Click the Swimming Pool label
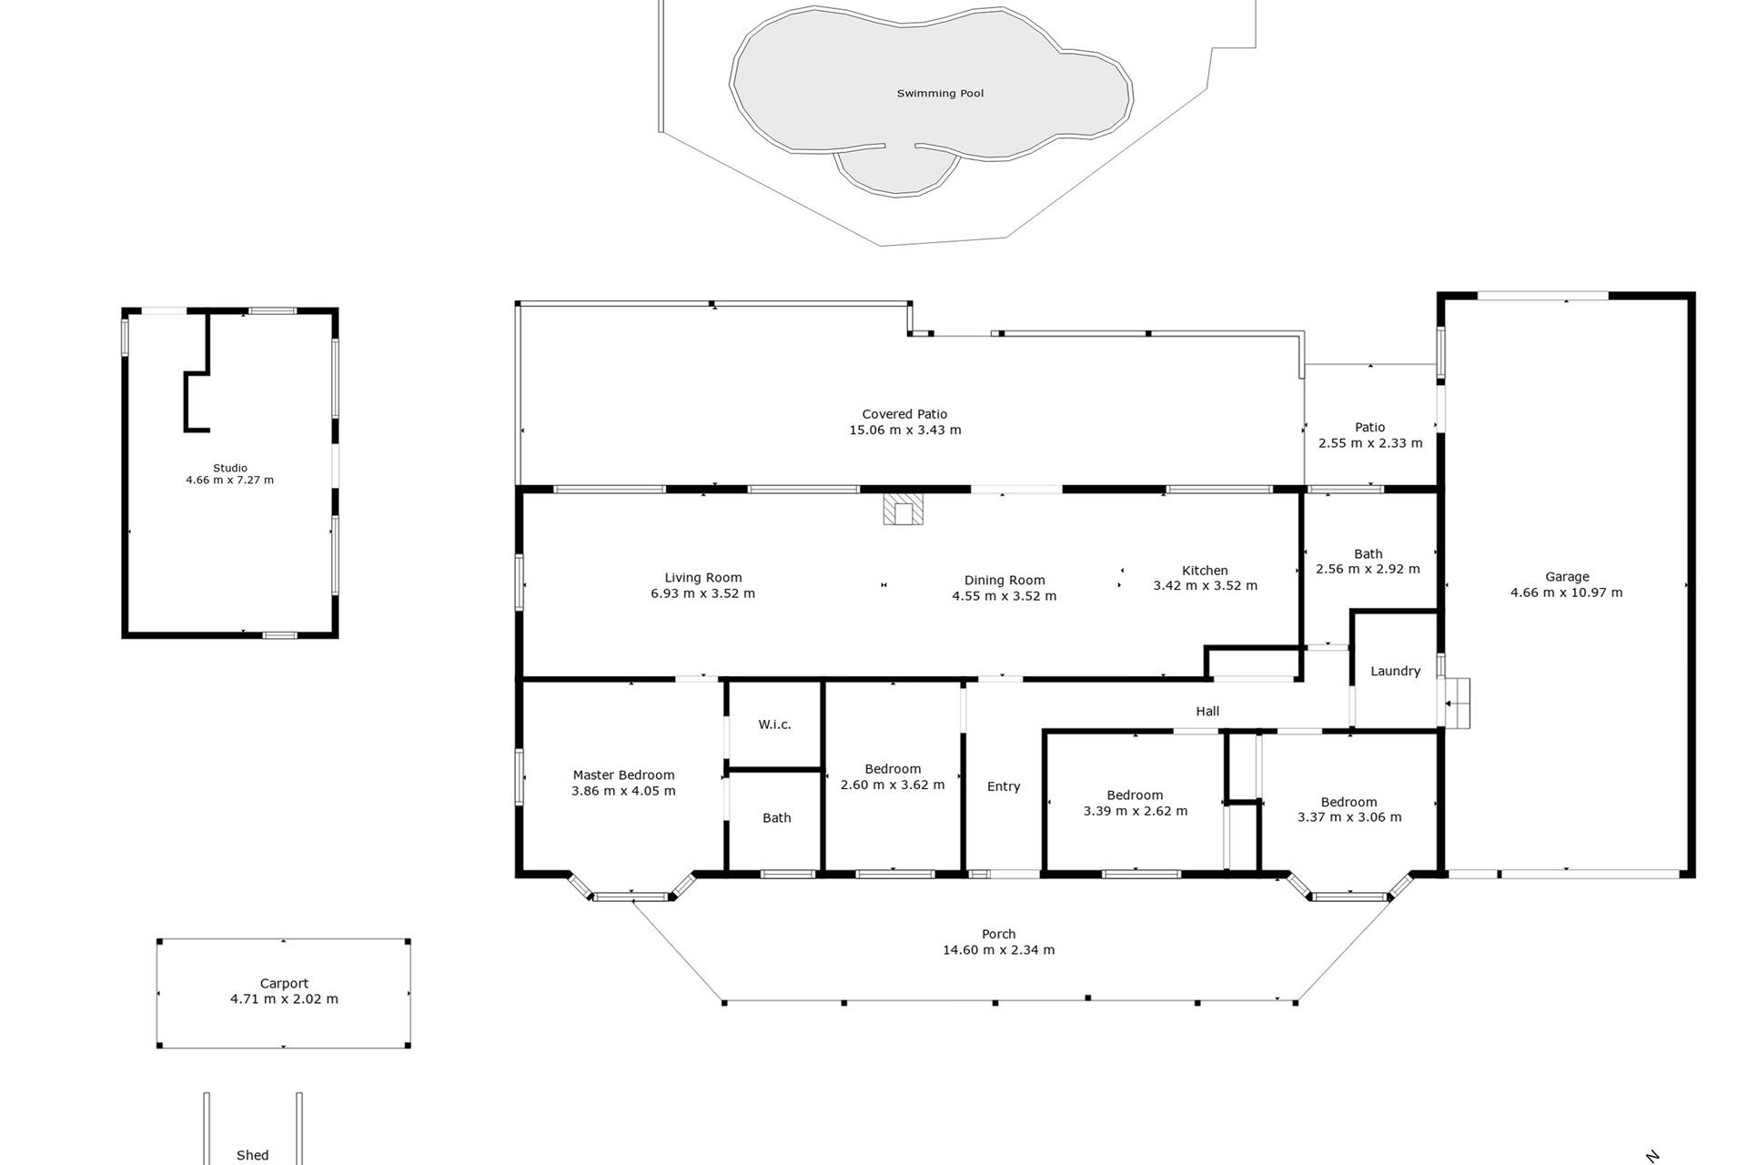point(940,93)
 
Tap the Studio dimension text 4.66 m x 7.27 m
point(229,480)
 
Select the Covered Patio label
point(904,414)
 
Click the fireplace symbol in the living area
point(903,510)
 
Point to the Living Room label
point(703,577)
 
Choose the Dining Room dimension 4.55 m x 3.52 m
point(1005,596)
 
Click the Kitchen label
point(1205,571)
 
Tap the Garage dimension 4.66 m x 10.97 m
point(1567,593)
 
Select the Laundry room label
point(1395,672)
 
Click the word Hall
point(1207,711)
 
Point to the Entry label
point(1004,786)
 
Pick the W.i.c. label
point(774,724)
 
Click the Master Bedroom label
point(623,775)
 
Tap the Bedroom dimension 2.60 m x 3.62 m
point(893,785)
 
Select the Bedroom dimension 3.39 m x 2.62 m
point(1136,811)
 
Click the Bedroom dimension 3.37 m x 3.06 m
point(1349,817)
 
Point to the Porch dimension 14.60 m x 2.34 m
point(999,950)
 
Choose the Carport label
point(284,983)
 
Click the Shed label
point(253,1155)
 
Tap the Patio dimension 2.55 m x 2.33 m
point(1370,443)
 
